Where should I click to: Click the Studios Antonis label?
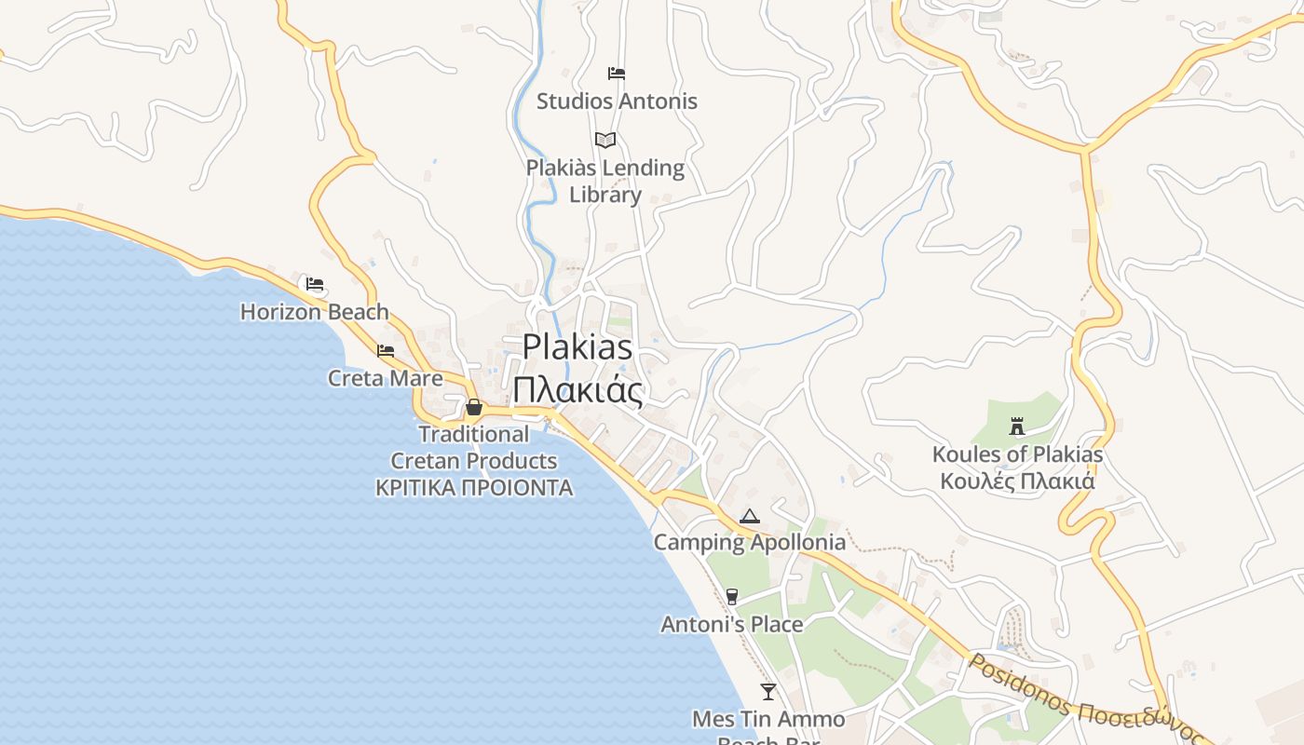[617, 101]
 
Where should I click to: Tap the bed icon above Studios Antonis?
[616, 73]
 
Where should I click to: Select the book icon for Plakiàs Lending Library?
[605, 140]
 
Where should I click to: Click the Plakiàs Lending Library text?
[605, 181]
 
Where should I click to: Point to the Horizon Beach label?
[315, 312]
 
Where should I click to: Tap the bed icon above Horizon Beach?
[315, 284]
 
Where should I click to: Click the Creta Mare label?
[385, 378]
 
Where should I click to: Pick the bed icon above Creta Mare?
[385, 351]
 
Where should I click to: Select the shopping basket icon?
[473, 407]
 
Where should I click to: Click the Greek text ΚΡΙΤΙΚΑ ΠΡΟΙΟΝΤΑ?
[474, 488]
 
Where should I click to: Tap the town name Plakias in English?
[577, 347]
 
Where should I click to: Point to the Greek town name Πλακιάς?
[577, 388]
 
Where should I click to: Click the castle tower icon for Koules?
[1017, 427]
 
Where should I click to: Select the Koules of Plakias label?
[1017, 454]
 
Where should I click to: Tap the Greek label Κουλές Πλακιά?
[1017, 481]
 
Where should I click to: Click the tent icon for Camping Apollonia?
[749, 516]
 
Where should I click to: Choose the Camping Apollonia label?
[750, 542]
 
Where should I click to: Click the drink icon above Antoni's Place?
[731, 597]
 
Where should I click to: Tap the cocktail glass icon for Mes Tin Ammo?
[767, 691]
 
